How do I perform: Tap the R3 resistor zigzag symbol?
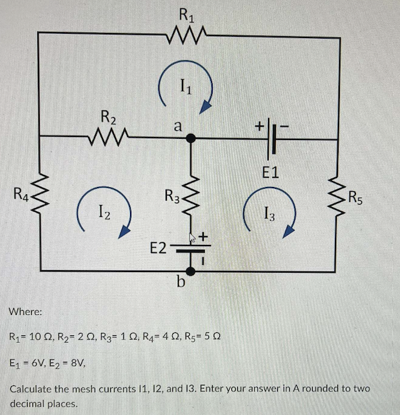tap(191, 195)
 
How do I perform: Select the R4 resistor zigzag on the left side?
tap(40, 195)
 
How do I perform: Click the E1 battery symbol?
tap(270, 139)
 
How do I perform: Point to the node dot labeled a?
tap(191, 139)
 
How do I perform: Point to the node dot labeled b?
tap(190, 271)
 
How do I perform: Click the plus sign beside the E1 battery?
tap(258, 126)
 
